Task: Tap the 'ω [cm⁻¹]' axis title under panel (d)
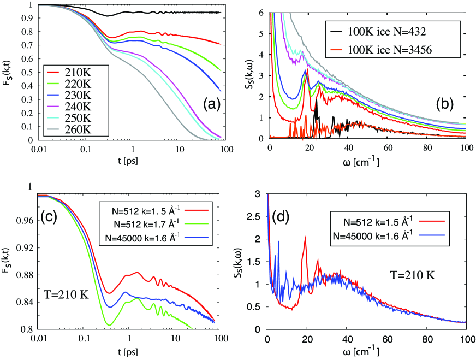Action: [367, 350]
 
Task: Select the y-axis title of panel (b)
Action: [248, 72]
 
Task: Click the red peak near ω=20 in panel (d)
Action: [305, 238]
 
